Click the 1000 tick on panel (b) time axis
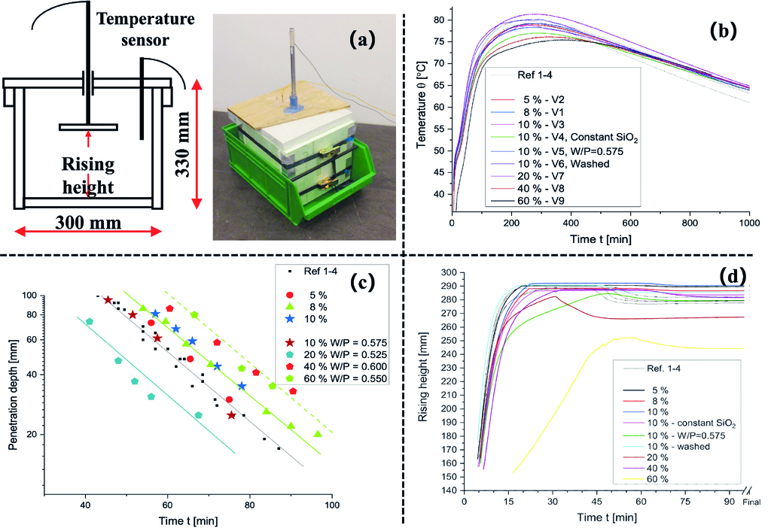click(748, 224)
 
